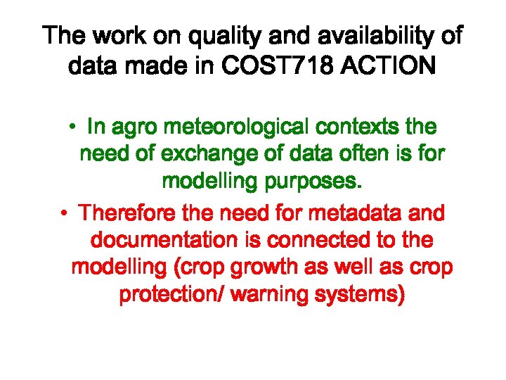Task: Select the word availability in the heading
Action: tap(362, 37)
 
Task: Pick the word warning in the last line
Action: tap(267, 295)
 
